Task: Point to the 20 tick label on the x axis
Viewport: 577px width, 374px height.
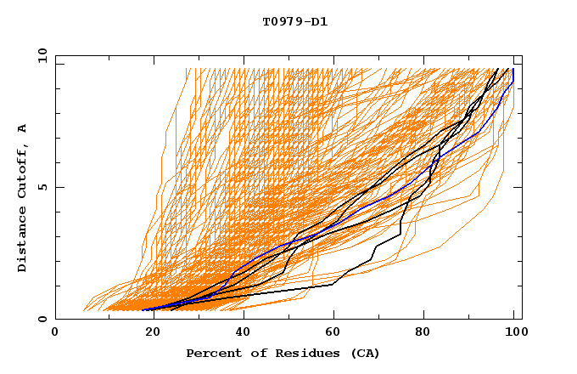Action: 148,333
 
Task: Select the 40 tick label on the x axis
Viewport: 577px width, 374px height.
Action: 240,333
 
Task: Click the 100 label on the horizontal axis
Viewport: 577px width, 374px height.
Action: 515,333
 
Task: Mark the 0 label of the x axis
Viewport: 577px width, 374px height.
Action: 56,333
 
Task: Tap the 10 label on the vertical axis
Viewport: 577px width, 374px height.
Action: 40,54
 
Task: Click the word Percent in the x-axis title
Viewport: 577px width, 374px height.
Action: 212,353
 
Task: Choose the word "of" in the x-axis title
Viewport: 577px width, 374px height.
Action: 252,353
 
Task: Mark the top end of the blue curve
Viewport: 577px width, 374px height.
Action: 513,70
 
